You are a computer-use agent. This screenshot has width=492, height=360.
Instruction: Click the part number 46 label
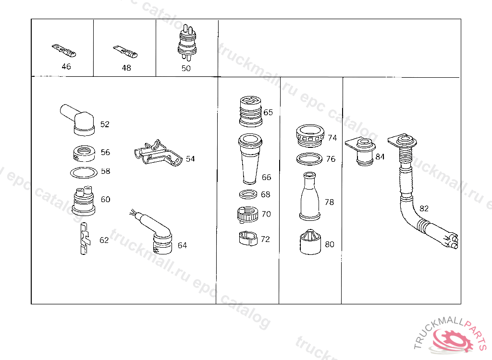[66, 67]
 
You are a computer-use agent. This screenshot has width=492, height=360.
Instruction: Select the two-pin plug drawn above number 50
[187, 43]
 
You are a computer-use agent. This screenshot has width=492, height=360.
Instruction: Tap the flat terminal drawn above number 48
[125, 52]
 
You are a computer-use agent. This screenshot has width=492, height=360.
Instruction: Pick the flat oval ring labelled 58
[84, 172]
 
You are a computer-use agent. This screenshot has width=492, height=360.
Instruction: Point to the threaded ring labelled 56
[84, 153]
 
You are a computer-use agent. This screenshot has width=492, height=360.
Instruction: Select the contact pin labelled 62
[84, 239]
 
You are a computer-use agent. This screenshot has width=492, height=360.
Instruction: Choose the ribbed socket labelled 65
[251, 111]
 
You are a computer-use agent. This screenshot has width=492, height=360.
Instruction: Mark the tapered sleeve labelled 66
[250, 159]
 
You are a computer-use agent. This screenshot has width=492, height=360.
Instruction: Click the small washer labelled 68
[248, 194]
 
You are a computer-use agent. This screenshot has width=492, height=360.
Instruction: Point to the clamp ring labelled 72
[248, 239]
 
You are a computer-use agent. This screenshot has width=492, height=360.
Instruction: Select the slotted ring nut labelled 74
[310, 136]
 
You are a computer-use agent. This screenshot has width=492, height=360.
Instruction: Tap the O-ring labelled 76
[309, 159]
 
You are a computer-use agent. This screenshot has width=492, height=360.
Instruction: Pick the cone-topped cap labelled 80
[310, 242]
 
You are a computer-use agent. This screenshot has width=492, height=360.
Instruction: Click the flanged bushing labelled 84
[361, 151]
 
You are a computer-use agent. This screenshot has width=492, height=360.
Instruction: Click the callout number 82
[424, 208]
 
